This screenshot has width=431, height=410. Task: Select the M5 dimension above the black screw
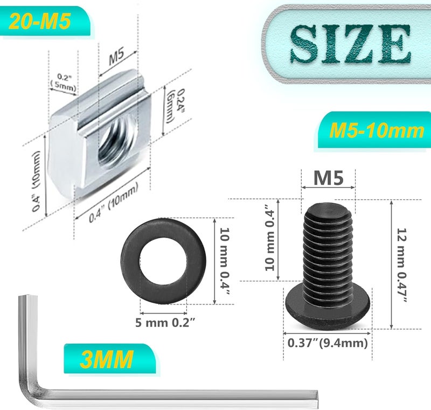328,178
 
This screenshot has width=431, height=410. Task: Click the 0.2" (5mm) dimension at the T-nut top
63,80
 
